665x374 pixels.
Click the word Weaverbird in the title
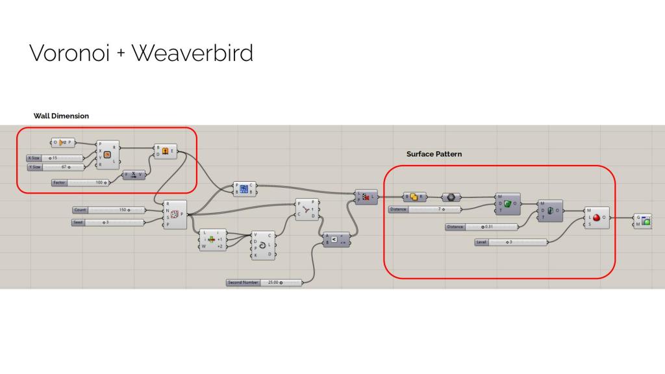coord(192,53)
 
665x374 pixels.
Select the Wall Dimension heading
coord(61,116)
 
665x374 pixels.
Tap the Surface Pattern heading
coord(434,154)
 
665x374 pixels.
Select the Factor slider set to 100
coord(81,182)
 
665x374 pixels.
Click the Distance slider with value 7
coord(425,210)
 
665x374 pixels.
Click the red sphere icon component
coord(596,218)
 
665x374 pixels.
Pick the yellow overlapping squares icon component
coord(414,197)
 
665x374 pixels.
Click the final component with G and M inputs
coord(643,221)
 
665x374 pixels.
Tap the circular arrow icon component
coord(262,245)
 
